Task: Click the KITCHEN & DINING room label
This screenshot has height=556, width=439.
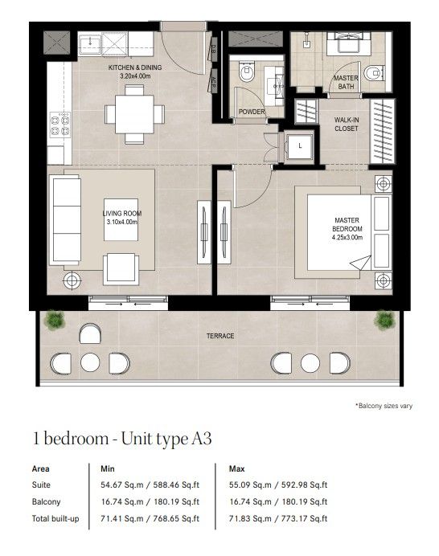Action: tap(135, 67)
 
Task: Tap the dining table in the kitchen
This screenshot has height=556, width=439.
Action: tap(134, 114)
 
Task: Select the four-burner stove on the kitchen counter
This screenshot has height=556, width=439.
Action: tap(60, 124)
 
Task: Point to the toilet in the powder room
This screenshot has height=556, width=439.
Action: tap(247, 72)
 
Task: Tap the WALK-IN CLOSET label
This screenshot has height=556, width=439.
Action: tap(347, 124)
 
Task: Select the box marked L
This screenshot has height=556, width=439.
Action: tap(300, 145)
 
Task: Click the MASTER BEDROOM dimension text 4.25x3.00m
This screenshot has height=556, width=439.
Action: tap(347, 238)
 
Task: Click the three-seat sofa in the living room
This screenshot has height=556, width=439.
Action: tap(66, 220)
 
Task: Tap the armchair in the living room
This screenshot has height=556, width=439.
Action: tap(121, 269)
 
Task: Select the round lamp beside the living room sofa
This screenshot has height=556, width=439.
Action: tap(72, 281)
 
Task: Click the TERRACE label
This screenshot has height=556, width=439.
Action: tap(220, 336)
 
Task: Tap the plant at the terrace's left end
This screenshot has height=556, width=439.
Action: tap(55, 320)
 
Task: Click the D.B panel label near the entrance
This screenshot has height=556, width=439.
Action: tap(214, 48)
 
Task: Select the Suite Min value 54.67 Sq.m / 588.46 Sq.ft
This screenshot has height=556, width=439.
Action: tap(150, 484)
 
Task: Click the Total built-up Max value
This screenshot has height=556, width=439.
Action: tap(278, 518)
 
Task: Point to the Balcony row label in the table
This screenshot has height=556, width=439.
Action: tap(46, 501)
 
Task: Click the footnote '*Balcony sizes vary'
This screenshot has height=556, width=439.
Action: tap(384, 406)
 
